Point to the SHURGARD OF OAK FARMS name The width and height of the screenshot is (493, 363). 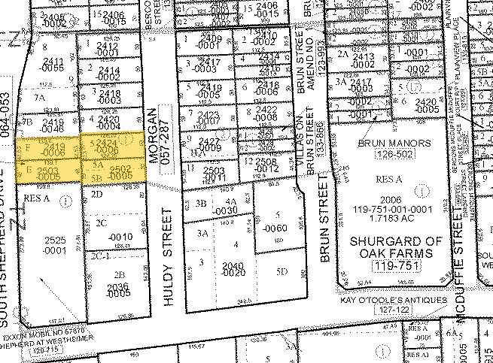(393, 247)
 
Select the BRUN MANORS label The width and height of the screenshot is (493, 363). (394, 143)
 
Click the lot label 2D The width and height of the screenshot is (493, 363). (96, 194)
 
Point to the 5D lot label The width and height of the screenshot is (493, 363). (281, 272)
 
